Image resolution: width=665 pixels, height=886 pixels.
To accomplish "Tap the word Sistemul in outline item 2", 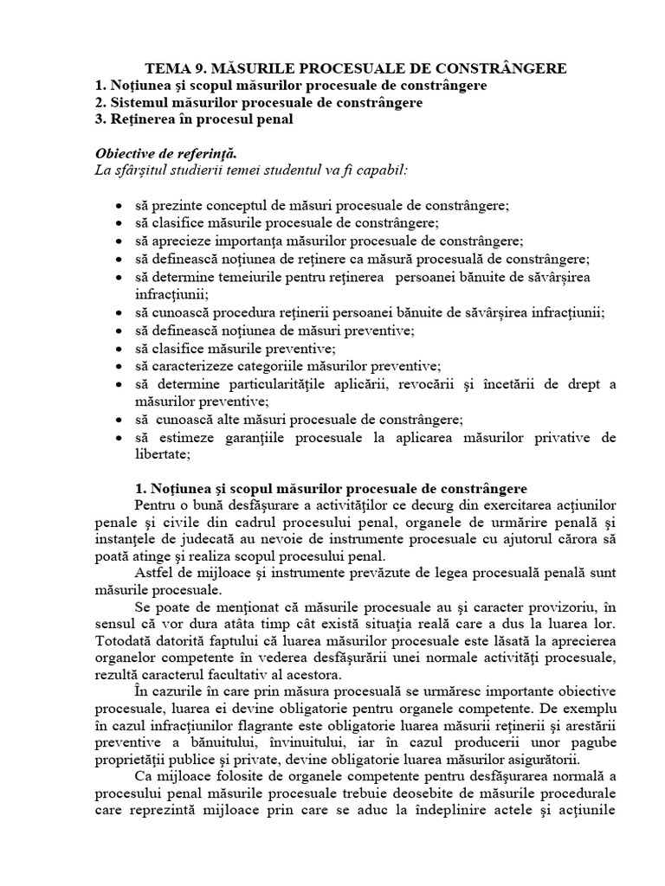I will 138,103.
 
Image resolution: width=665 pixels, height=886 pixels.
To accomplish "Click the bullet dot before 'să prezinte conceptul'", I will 118,206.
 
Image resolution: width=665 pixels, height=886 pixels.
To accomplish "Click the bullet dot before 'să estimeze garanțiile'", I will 118,438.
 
